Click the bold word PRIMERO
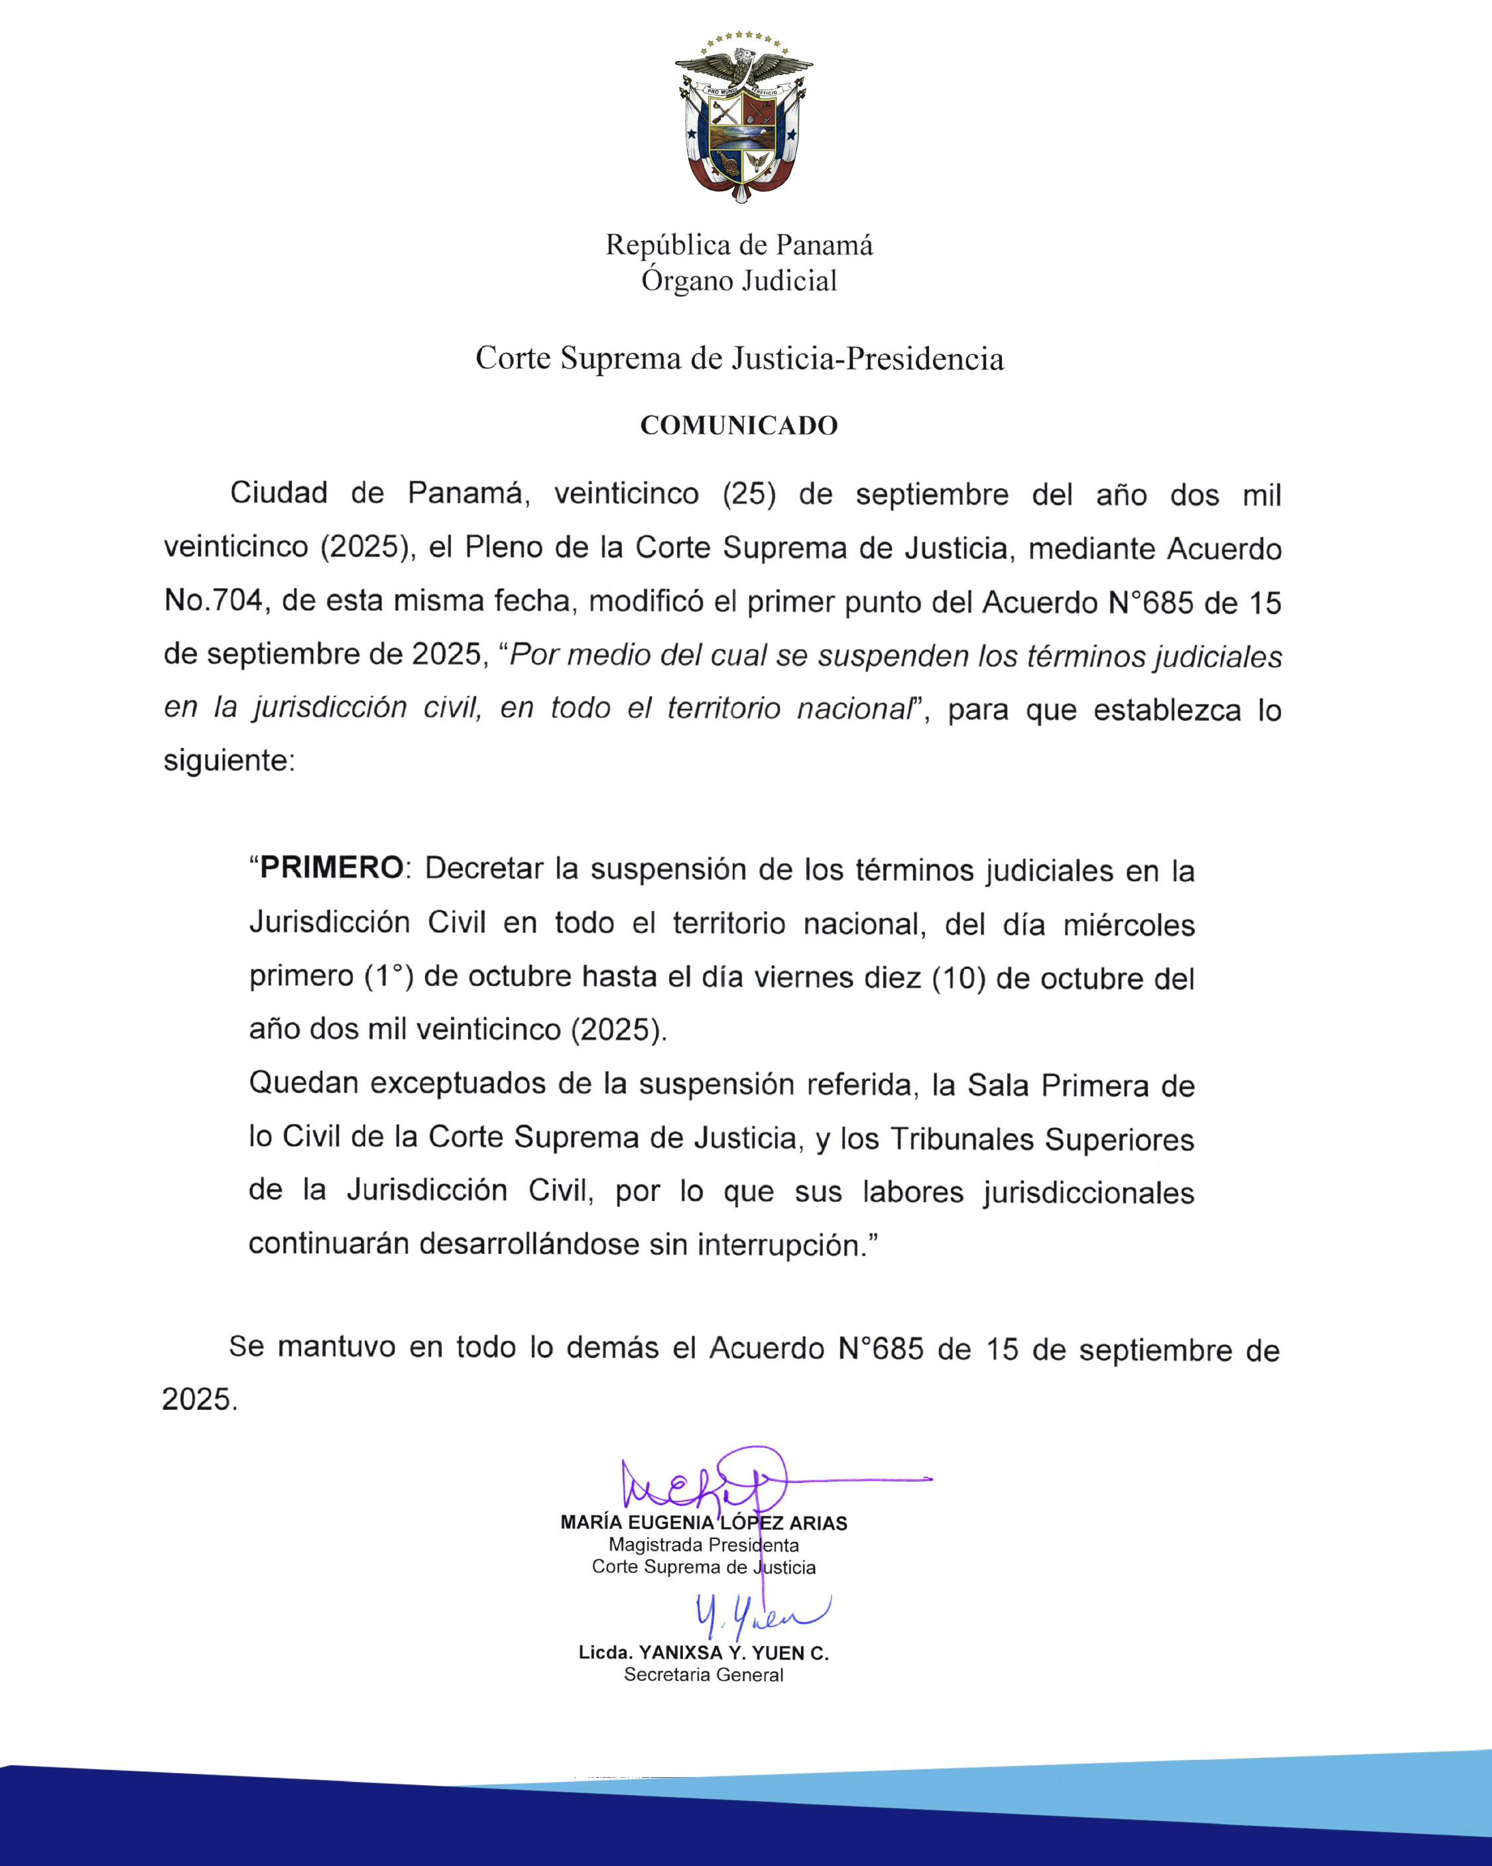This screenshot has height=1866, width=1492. pyautogui.click(x=332, y=867)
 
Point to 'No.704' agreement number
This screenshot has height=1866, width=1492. pyautogui.click(x=213, y=601)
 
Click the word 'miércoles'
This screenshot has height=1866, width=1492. pyautogui.click(x=1129, y=925)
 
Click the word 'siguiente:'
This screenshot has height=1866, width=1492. pyautogui.click(x=229, y=761)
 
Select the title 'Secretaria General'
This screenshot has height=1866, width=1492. pyautogui.click(x=704, y=1675)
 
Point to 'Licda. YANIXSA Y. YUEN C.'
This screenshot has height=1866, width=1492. pyautogui.click(x=704, y=1652)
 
